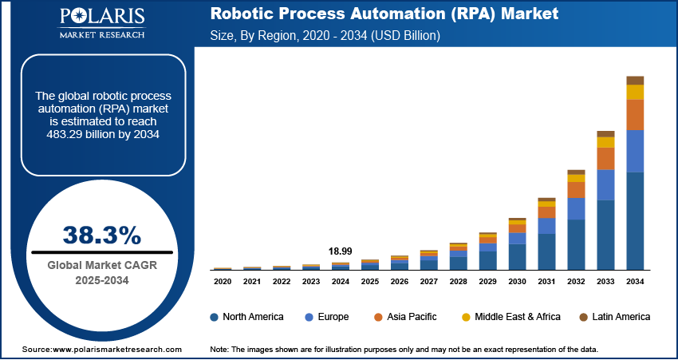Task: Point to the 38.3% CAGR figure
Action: click(101, 235)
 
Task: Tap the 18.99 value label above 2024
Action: click(341, 251)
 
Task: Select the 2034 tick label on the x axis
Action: click(635, 281)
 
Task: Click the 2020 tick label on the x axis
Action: click(223, 281)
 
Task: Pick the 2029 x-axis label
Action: click(487, 281)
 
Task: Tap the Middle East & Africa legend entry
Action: click(510, 317)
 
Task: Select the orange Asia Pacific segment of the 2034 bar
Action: click(635, 115)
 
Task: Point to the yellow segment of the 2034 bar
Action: click(635, 92)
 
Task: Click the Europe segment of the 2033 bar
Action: click(605, 184)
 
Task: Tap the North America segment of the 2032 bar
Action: click(576, 244)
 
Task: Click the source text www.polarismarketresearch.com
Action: click(101, 350)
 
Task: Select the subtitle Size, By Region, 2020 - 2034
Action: click(335, 36)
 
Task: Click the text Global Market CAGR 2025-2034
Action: click(101, 272)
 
